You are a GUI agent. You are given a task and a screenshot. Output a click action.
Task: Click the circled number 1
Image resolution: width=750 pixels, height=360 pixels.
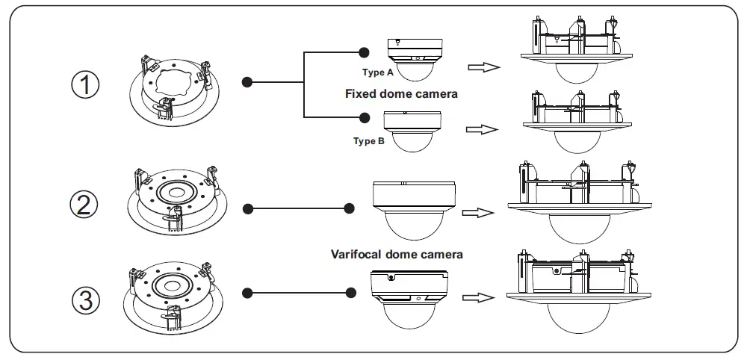86,84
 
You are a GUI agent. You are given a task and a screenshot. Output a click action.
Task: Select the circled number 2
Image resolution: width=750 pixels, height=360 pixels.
84,205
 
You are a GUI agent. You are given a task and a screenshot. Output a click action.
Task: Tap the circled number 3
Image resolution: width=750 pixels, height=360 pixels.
86,301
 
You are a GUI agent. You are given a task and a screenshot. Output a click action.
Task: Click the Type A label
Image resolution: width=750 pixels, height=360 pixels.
377,72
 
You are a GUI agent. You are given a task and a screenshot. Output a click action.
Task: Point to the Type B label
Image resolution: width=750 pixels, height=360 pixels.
369,141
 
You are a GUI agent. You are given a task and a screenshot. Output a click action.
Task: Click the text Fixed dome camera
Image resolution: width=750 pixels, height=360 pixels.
401,93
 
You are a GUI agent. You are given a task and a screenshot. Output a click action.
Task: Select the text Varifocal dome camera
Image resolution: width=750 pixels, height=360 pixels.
397,254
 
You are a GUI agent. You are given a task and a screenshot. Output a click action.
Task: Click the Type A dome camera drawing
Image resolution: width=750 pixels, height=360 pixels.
415,59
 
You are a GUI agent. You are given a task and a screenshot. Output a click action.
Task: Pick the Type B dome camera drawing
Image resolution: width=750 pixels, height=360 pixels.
412,131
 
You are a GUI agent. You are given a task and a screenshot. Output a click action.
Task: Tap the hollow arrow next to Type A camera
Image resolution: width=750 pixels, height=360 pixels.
484,67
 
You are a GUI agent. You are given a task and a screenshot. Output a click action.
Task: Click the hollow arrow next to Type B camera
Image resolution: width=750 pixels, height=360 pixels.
482,129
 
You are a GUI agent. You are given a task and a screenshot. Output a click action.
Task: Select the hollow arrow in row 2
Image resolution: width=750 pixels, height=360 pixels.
478,212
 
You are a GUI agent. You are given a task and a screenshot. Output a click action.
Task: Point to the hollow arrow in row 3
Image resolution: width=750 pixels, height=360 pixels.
478,297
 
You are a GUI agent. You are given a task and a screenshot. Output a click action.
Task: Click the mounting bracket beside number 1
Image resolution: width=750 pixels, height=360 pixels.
174,91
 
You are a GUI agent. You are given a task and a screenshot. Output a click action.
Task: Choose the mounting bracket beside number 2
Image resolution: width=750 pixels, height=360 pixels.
177,201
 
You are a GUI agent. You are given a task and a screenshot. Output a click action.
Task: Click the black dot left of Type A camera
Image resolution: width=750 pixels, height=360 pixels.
364,52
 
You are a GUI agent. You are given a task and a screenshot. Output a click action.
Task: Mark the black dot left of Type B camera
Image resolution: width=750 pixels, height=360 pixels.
365,117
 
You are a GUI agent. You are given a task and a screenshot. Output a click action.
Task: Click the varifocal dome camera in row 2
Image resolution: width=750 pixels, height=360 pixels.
415,211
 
